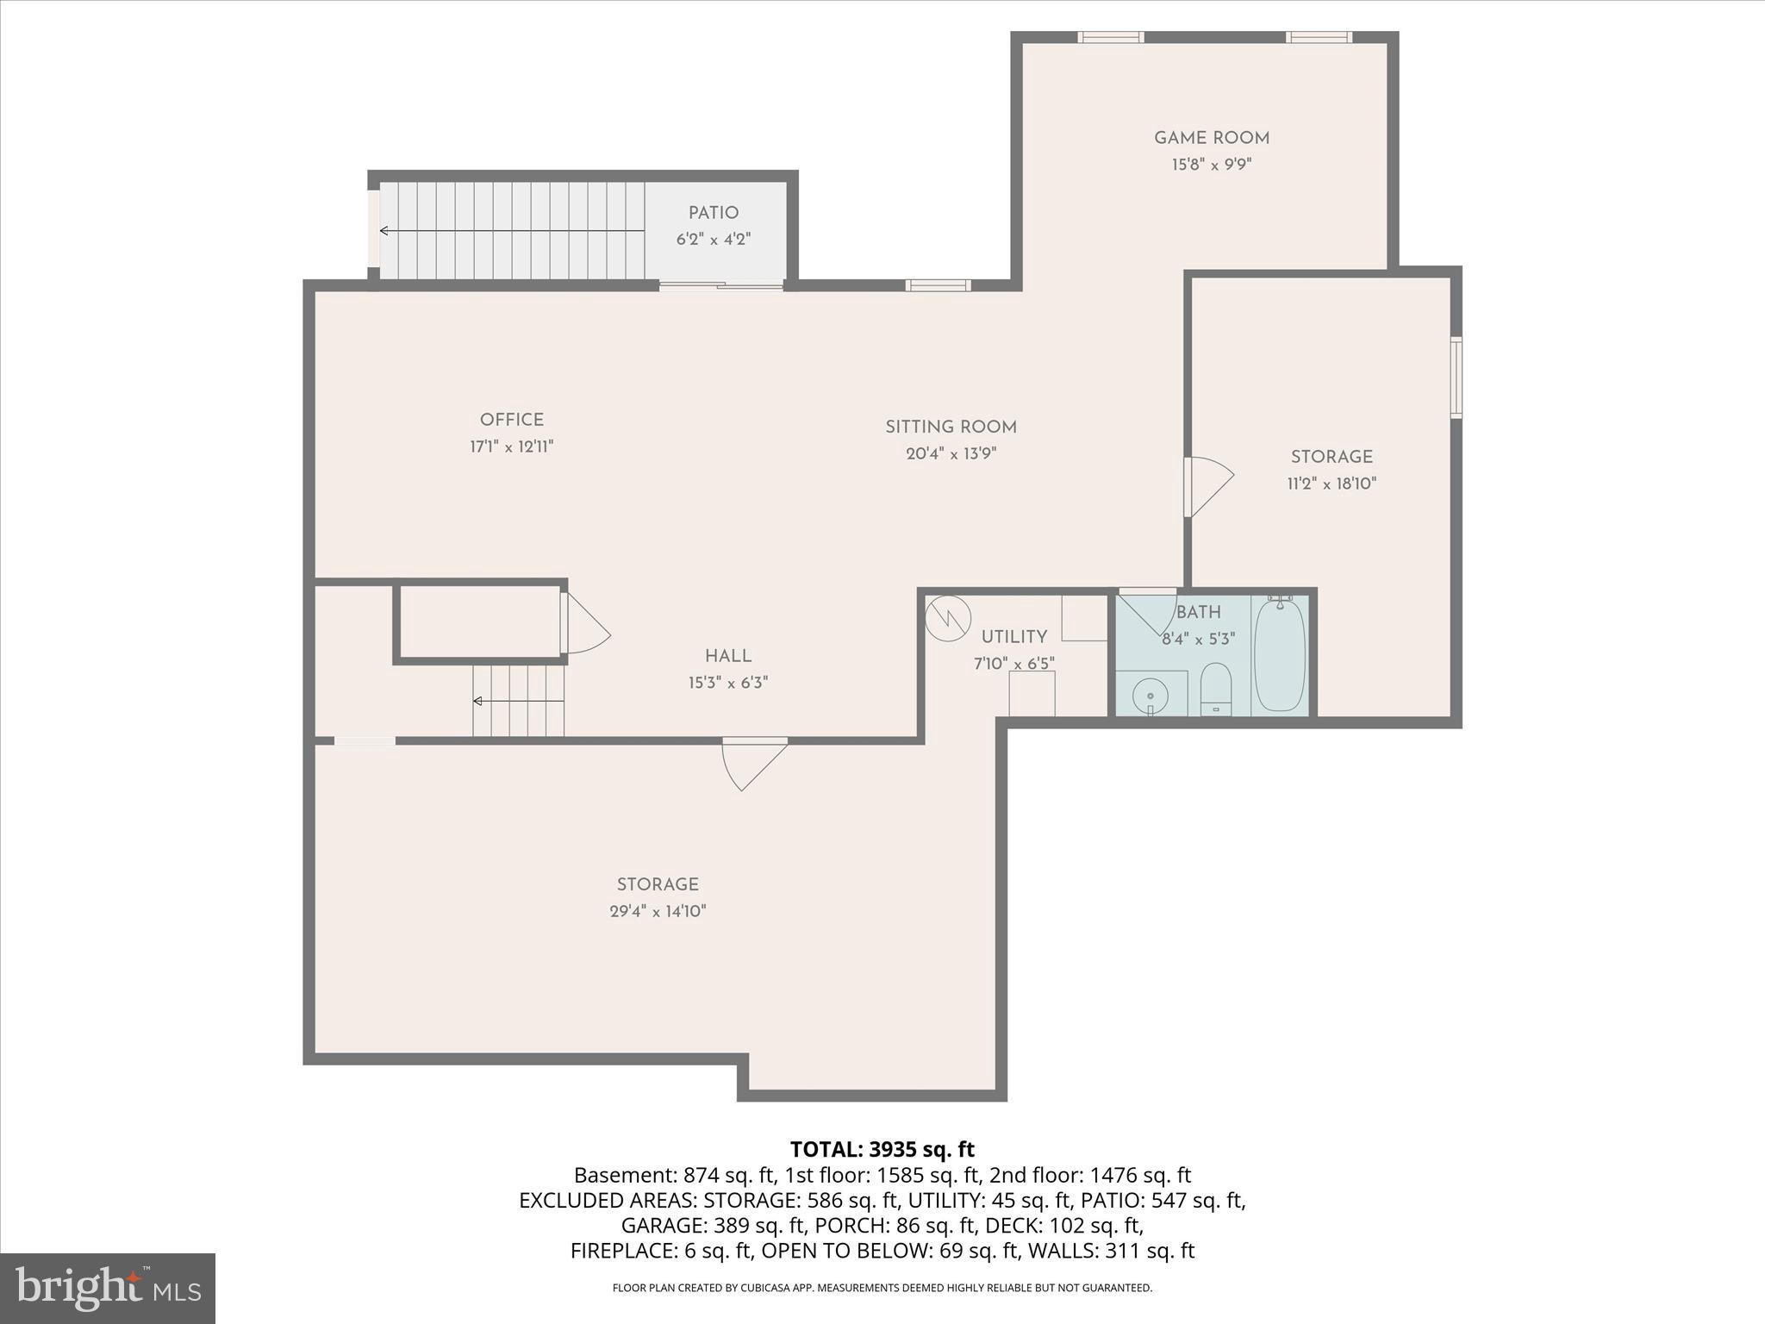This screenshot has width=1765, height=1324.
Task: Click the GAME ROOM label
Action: pyautogui.click(x=1211, y=138)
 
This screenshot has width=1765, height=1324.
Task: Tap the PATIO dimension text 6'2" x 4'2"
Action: pyautogui.click(x=713, y=240)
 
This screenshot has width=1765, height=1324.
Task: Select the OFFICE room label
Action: pyautogui.click(x=511, y=420)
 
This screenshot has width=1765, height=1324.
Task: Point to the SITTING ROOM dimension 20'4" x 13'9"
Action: pyautogui.click(x=951, y=453)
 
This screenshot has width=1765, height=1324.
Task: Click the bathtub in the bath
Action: pyautogui.click(x=1279, y=656)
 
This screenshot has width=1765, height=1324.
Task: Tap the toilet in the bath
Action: pyautogui.click(x=1215, y=689)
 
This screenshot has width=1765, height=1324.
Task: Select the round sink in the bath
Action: pyautogui.click(x=1150, y=695)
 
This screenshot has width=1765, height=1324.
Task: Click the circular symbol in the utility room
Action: pyautogui.click(x=947, y=618)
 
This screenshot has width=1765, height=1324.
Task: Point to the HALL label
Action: pyautogui.click(x=727, y=656)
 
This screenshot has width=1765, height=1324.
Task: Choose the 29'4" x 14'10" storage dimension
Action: pyautogui.click(x=658, y=911)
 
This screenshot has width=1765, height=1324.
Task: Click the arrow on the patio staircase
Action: pyautogui.click(x=385, y=231)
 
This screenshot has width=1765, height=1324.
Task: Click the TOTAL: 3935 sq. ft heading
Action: pyautogui.click(x=882, y=1149)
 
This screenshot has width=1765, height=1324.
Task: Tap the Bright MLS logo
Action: pyautogui.click(x=108, y=1288)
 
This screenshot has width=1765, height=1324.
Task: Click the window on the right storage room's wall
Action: pyautogui.click(x=1456, y=378)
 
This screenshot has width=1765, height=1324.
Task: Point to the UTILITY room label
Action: pyautogui.click(x=1013, y=637)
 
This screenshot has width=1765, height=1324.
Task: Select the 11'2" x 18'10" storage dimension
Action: pyautogui.click(x=1331, y=484)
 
